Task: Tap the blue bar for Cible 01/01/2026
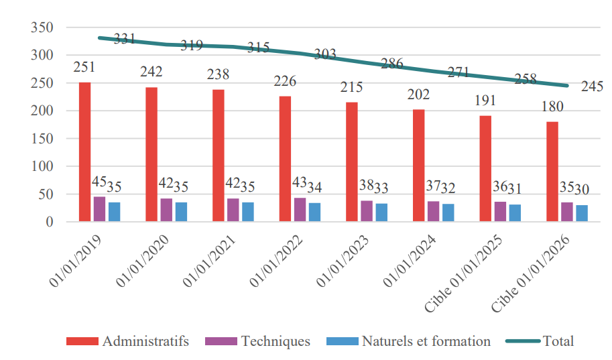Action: point(582,213)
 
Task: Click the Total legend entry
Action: point(558,341)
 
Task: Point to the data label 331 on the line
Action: point(125,39)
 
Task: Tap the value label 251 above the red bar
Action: point(84,67)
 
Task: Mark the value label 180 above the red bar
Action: point(552,107)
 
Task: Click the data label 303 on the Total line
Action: point(325,55)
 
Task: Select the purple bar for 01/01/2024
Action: point(433,211)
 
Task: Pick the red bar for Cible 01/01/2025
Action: point(485,168)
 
